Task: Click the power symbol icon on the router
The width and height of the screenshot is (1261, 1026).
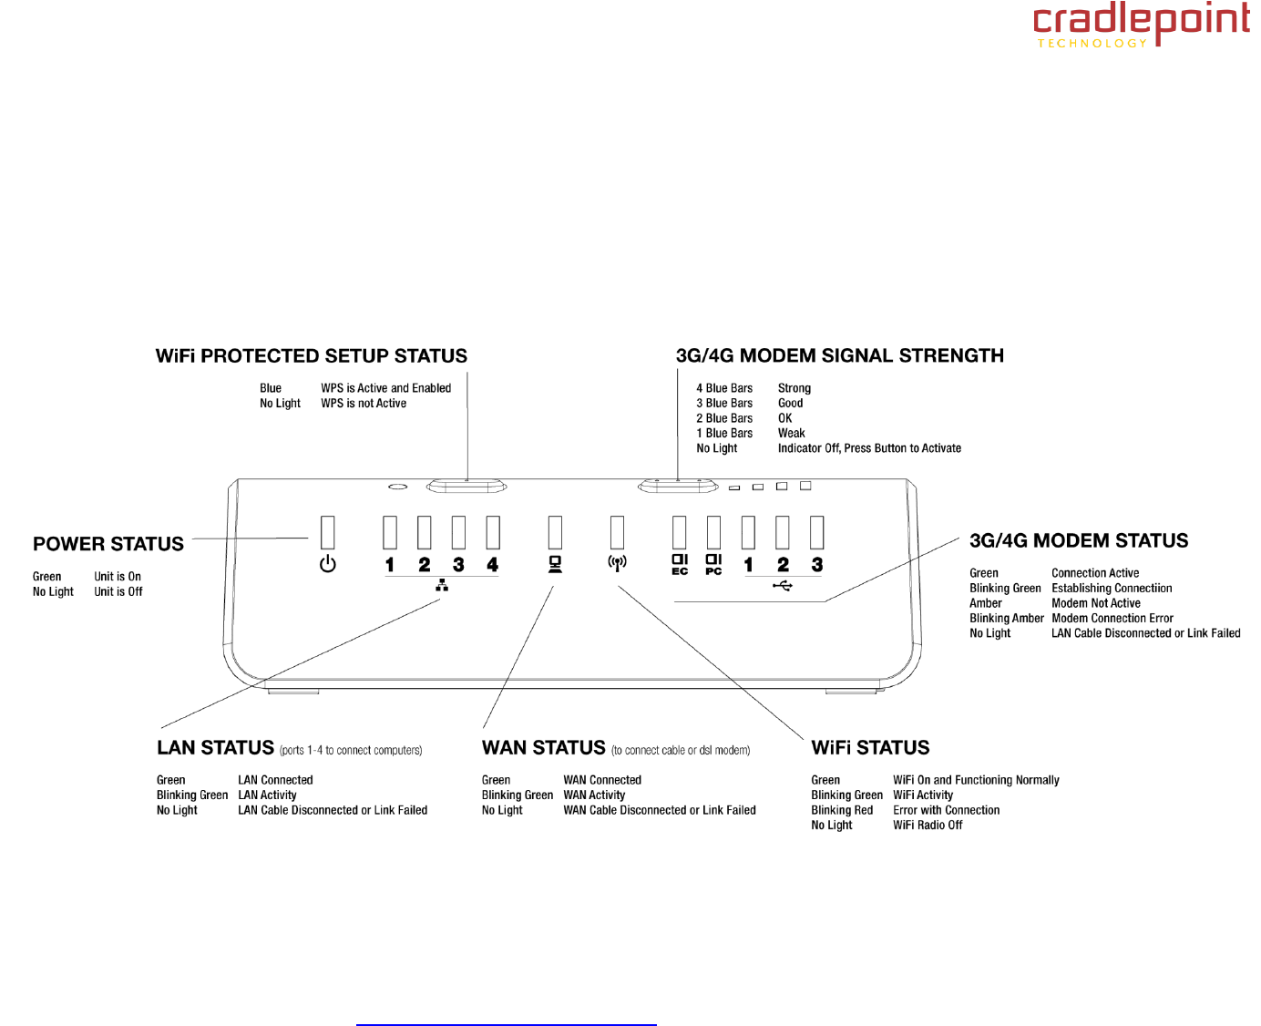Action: [x=328, y=564]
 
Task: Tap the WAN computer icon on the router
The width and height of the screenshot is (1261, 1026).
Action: [x=555, y=564]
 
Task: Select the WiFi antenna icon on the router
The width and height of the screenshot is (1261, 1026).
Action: [x=617, y=564]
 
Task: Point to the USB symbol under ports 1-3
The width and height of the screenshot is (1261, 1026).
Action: [x=783, y=585]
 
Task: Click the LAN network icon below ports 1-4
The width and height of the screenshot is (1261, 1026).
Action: [x=442, y=585]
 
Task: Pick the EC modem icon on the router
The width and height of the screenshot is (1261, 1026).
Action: [x=680, y=564]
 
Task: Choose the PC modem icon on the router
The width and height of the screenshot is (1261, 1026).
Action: [x=713, y=564]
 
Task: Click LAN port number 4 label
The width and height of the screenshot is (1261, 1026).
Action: [x=493, y=565]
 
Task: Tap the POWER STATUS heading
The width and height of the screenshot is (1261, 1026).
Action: [x=108, y=544]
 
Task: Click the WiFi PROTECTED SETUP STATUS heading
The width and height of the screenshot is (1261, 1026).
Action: [x=312, y=356]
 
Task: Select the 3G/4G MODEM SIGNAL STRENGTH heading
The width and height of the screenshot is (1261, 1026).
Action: [x=839, y=356]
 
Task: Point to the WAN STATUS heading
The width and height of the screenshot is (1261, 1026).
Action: [x=544, y=748]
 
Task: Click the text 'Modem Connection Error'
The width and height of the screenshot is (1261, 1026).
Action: [x=1112, y=619]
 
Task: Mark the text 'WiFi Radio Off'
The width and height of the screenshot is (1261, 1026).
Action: [x=928, y=826]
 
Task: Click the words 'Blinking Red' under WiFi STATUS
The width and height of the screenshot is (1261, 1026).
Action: [x=842, y=810]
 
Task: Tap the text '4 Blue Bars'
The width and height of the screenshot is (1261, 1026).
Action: [x=724, y=388]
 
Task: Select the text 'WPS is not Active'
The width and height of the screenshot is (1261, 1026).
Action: [x=364, y=404]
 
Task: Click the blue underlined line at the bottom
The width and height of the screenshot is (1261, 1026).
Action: [x=506, y=1025]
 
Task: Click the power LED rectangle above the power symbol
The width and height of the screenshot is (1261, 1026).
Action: [x=328, y=532]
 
